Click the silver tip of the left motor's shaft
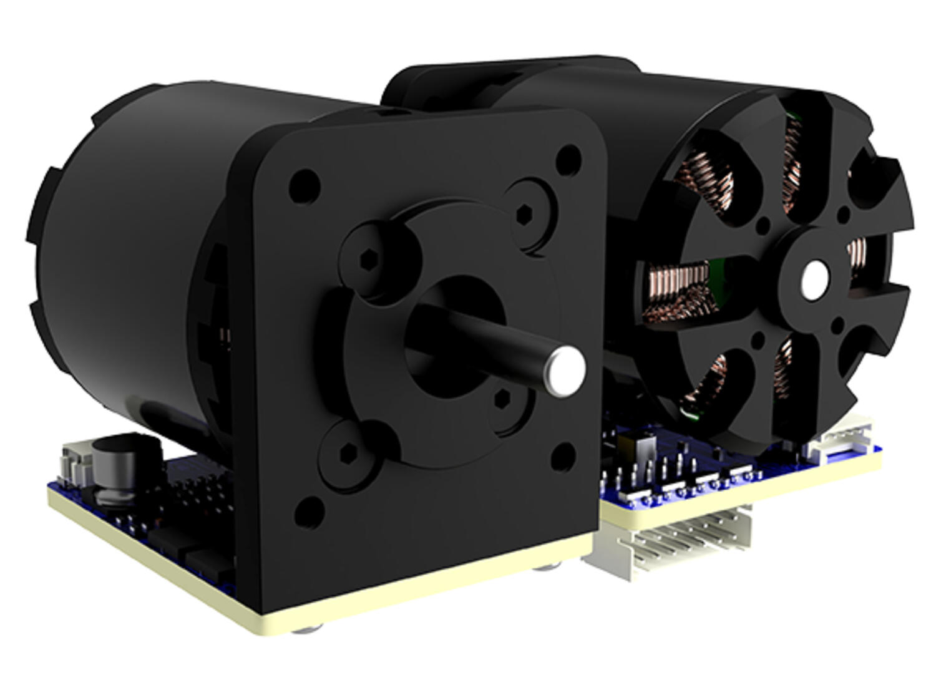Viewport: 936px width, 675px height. pos(566,371)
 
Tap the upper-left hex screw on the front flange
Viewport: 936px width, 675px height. pos(371,257)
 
